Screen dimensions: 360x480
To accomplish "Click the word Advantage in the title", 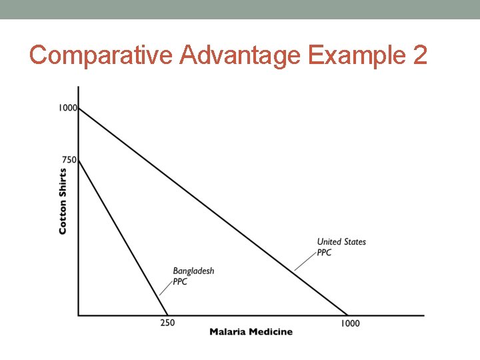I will [x=239, y=55].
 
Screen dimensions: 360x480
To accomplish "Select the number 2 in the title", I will [x=420, y=55].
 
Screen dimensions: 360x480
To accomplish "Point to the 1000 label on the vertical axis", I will [x=68, y=107].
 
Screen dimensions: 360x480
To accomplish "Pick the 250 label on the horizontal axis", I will [x=167, y=323].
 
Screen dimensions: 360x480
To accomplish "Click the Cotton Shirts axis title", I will [x=63, y=200].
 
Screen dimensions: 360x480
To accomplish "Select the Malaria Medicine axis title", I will [x=251, y=332].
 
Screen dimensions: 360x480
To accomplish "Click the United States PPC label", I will [x=341, y=247].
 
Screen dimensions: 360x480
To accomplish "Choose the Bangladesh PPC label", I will [x=193, y=276].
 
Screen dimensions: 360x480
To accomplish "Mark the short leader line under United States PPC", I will [x=305, y=261].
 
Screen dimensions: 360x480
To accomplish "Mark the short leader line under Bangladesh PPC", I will [x=165, y=287].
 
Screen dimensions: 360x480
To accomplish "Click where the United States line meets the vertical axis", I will [x=79, y=108].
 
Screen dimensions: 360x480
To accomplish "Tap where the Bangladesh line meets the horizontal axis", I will [x=167, y=315].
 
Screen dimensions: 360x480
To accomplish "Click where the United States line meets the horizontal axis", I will [x=347, y=315].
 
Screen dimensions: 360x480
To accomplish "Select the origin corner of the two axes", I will [x=79, y=315].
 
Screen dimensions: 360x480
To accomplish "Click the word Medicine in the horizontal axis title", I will [x=271, y=332].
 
